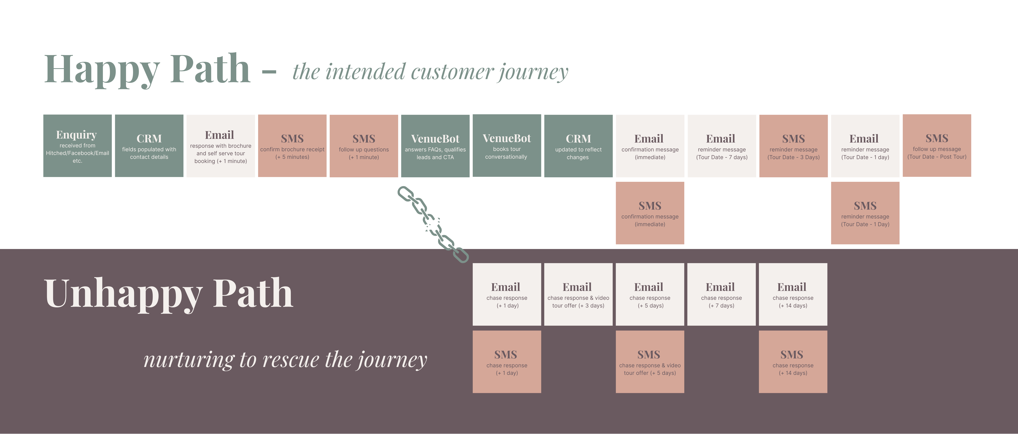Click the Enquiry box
tap(78, 146)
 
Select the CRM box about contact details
tap(149, 146)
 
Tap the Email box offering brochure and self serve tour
tap(221, 146)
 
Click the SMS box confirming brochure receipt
tap(292, 146)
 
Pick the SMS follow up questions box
tap(364, 146)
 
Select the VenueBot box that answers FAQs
tap(435, 146)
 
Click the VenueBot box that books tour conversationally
tap(507, 146)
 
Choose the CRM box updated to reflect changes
tap(578, 146)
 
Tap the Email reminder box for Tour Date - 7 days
tap(722, 146)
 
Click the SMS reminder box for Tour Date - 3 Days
tap(793, 146)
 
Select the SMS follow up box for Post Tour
tap(937, 146)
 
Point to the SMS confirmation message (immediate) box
tap(650, 213)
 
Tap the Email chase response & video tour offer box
tap(578, 294)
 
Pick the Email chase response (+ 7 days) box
tap(721, 294)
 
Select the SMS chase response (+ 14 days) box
tap(793, 362)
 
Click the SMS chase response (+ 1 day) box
tap(507, 362)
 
